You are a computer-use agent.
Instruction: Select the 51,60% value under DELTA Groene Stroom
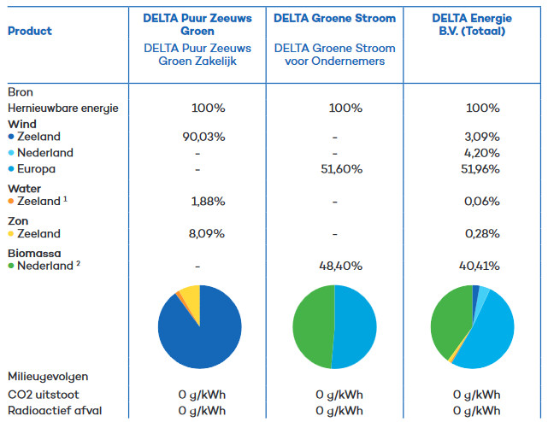coord(335,170)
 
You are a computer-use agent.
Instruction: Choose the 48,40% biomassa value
coord(335,266)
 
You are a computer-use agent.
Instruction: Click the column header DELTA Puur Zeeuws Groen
coord(198,24)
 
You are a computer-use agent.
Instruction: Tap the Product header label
coord(30,31)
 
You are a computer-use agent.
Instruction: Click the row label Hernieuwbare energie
coord(63,108)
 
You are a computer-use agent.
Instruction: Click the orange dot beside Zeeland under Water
coord(11,202)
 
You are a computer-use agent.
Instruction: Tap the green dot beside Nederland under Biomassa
coord(11,267)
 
